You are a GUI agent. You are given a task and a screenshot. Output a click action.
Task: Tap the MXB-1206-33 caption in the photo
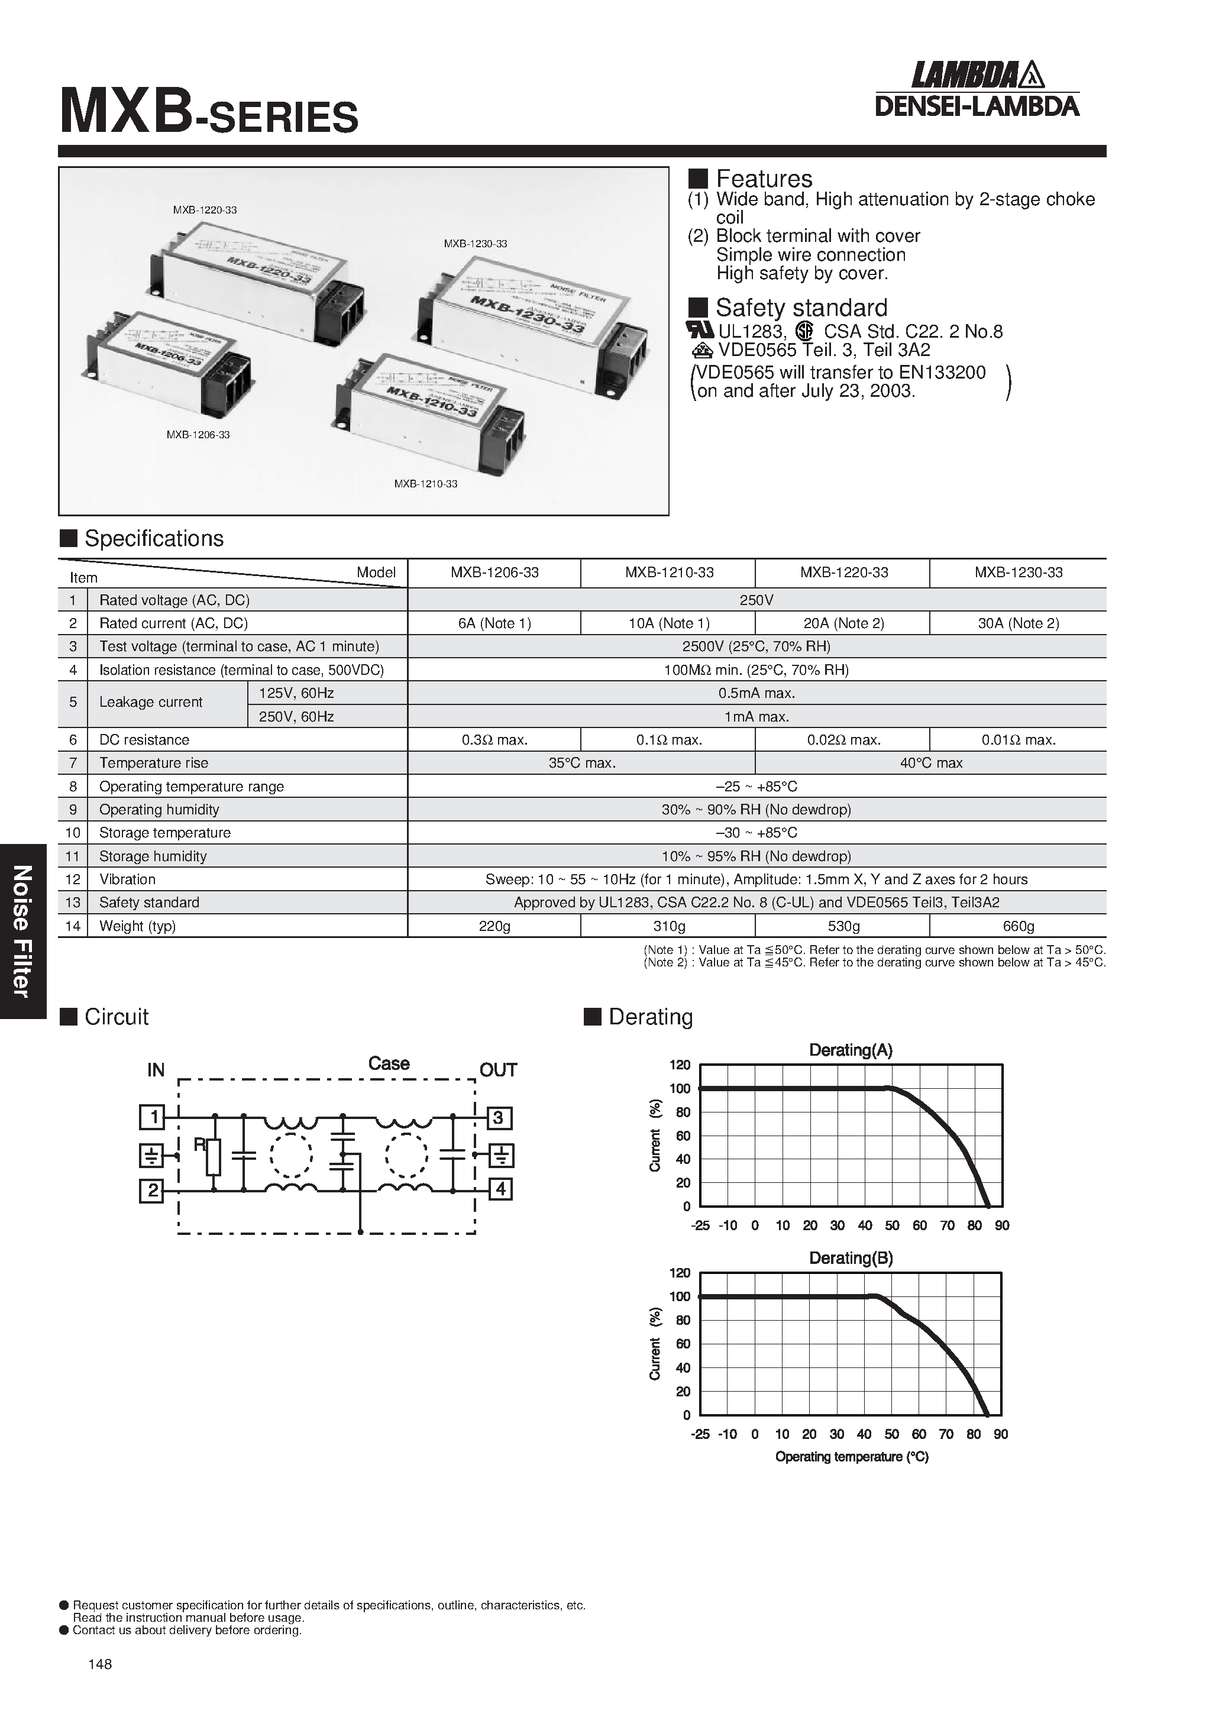coord(198,435)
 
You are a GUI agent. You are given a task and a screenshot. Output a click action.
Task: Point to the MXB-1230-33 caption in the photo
coord(475,244)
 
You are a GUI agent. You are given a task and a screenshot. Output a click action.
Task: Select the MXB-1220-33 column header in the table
coord(843,573)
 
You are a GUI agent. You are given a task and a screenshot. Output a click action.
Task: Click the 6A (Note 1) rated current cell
coord(494,623)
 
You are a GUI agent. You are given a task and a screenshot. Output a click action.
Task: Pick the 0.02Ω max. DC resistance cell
coord(843,740)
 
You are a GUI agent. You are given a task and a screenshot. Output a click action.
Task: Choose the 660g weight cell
coord(1018,927)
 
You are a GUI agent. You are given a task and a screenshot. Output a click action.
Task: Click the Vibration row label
coord(127,879)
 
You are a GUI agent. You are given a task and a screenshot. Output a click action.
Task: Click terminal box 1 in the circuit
coord(153,1118)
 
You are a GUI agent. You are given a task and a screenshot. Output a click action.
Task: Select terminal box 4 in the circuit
coord(501,1189)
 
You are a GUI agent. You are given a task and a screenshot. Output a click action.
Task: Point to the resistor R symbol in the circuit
coord(214,1157)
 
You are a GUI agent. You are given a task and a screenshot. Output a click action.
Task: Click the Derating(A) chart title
coord(851,1051)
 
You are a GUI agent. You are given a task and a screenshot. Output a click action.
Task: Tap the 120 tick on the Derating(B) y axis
coord(680,1273)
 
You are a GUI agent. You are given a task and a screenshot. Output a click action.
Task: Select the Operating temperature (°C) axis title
coord(852,1457)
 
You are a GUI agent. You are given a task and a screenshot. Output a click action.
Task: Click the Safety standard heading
coord(801,308)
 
